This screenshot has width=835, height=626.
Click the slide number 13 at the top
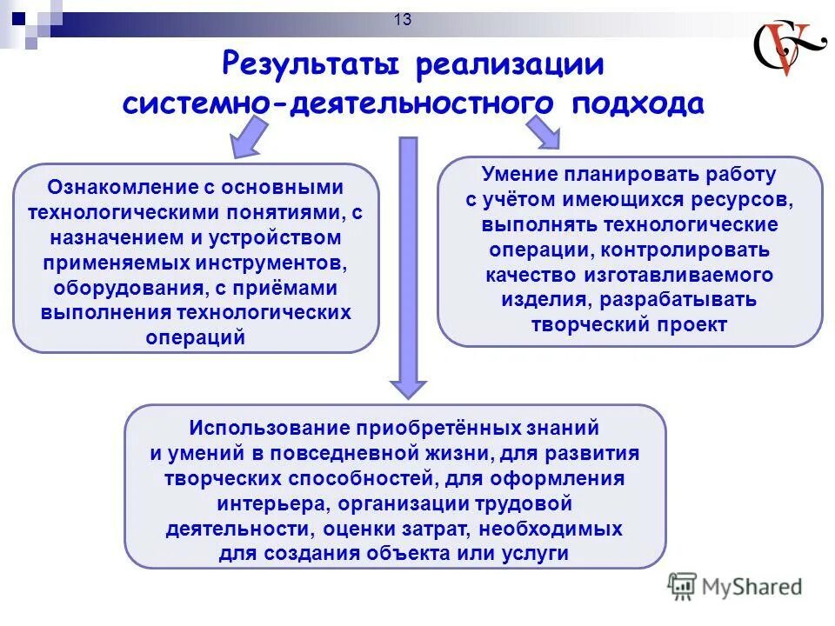click(x=402, y=20)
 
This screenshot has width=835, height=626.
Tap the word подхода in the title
click(x=637, y=103)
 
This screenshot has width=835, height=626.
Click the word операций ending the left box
click(x=197, y=337)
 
